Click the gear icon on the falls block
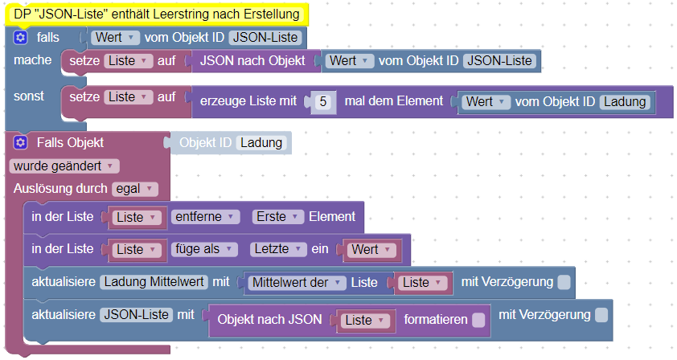[21, 38]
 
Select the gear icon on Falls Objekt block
[21, 143]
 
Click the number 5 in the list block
[323, 101]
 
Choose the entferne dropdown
[205, 217]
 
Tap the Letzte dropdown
[277, 250]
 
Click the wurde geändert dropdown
[64, 166]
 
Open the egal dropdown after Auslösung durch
[135, 189]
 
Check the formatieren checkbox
[478, 320]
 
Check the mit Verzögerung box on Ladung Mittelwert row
[564, 282]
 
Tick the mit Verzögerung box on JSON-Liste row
[601, 315]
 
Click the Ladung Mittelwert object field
[154, 283]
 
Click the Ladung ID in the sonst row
[626, 102]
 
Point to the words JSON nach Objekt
[252, 59]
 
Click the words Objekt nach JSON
[269, 320]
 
